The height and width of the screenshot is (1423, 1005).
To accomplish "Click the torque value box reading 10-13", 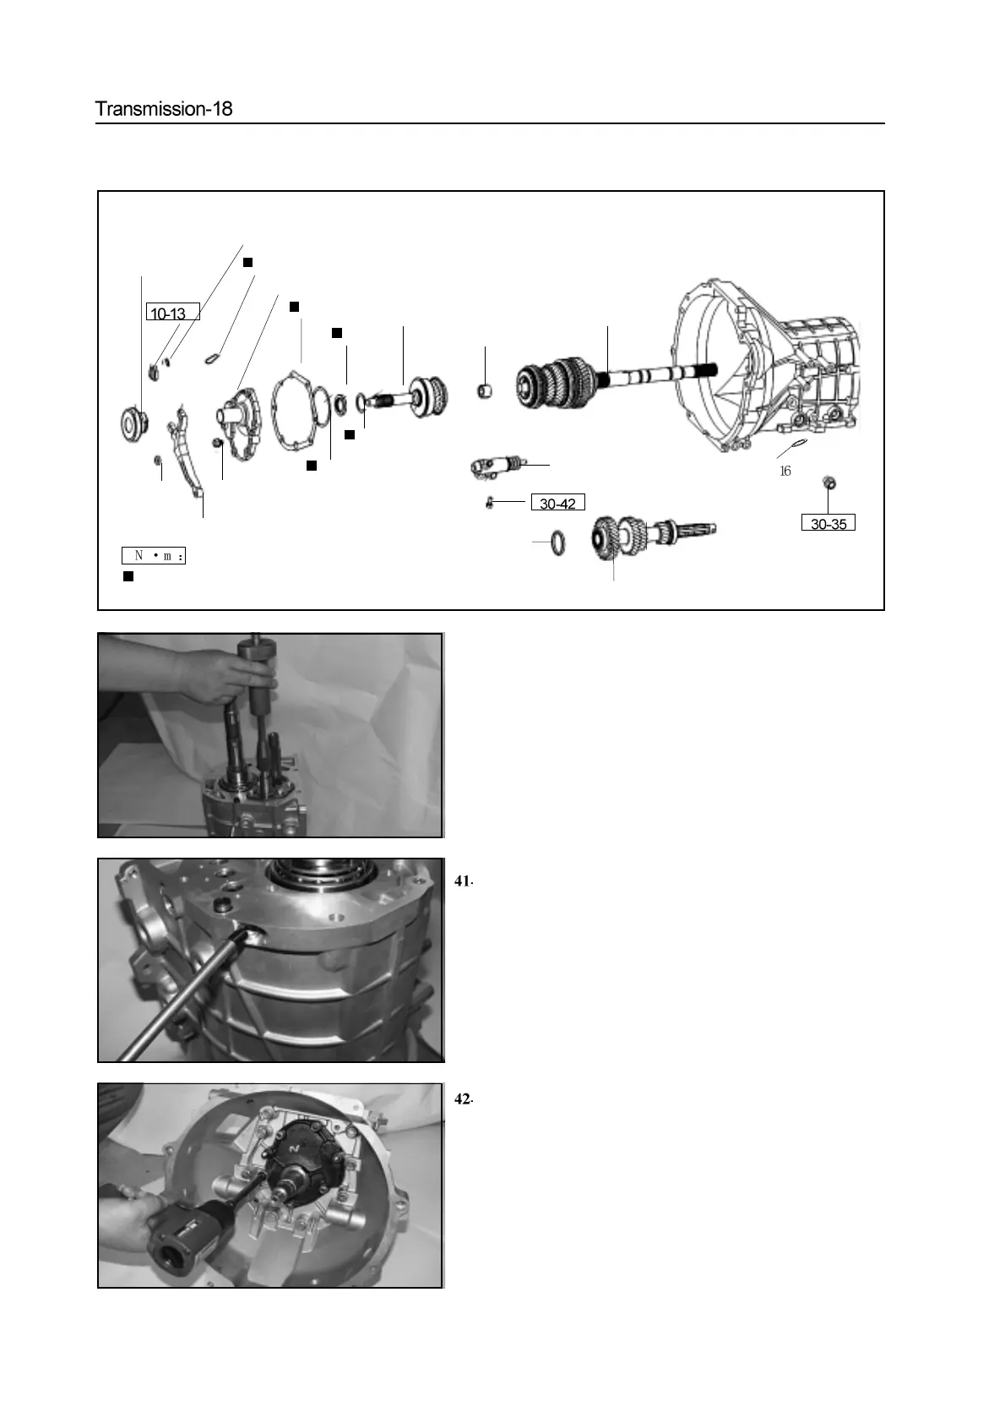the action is click(172, 313).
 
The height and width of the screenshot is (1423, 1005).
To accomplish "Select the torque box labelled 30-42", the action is click(557, 504).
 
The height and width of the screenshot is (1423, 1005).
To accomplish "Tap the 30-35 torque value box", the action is click(828, 524).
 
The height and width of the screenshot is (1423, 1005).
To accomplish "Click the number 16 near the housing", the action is click(785, 472).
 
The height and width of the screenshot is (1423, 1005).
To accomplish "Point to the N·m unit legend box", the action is click(154, 555).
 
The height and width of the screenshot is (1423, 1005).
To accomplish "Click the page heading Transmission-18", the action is click(164, 109).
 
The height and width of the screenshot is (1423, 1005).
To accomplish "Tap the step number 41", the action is click(462, 881).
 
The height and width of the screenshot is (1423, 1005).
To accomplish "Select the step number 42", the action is click(462, 1100).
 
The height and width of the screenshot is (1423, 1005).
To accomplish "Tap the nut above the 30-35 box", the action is click(828, 483).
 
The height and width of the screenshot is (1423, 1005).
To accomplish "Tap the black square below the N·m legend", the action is click(128, 576).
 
